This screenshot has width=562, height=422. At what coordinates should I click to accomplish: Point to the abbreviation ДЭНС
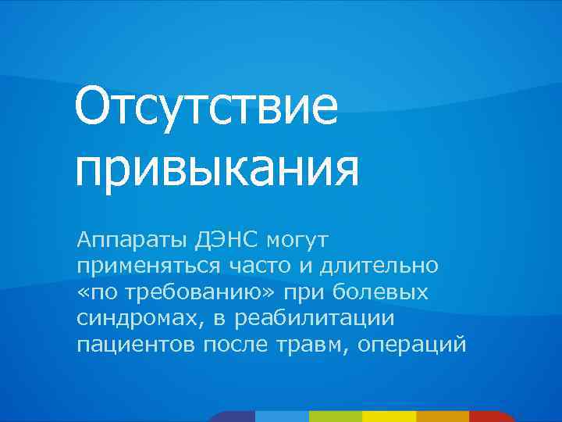tap(214, 237)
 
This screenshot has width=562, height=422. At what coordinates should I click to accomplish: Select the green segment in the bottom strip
tap(336, 416)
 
